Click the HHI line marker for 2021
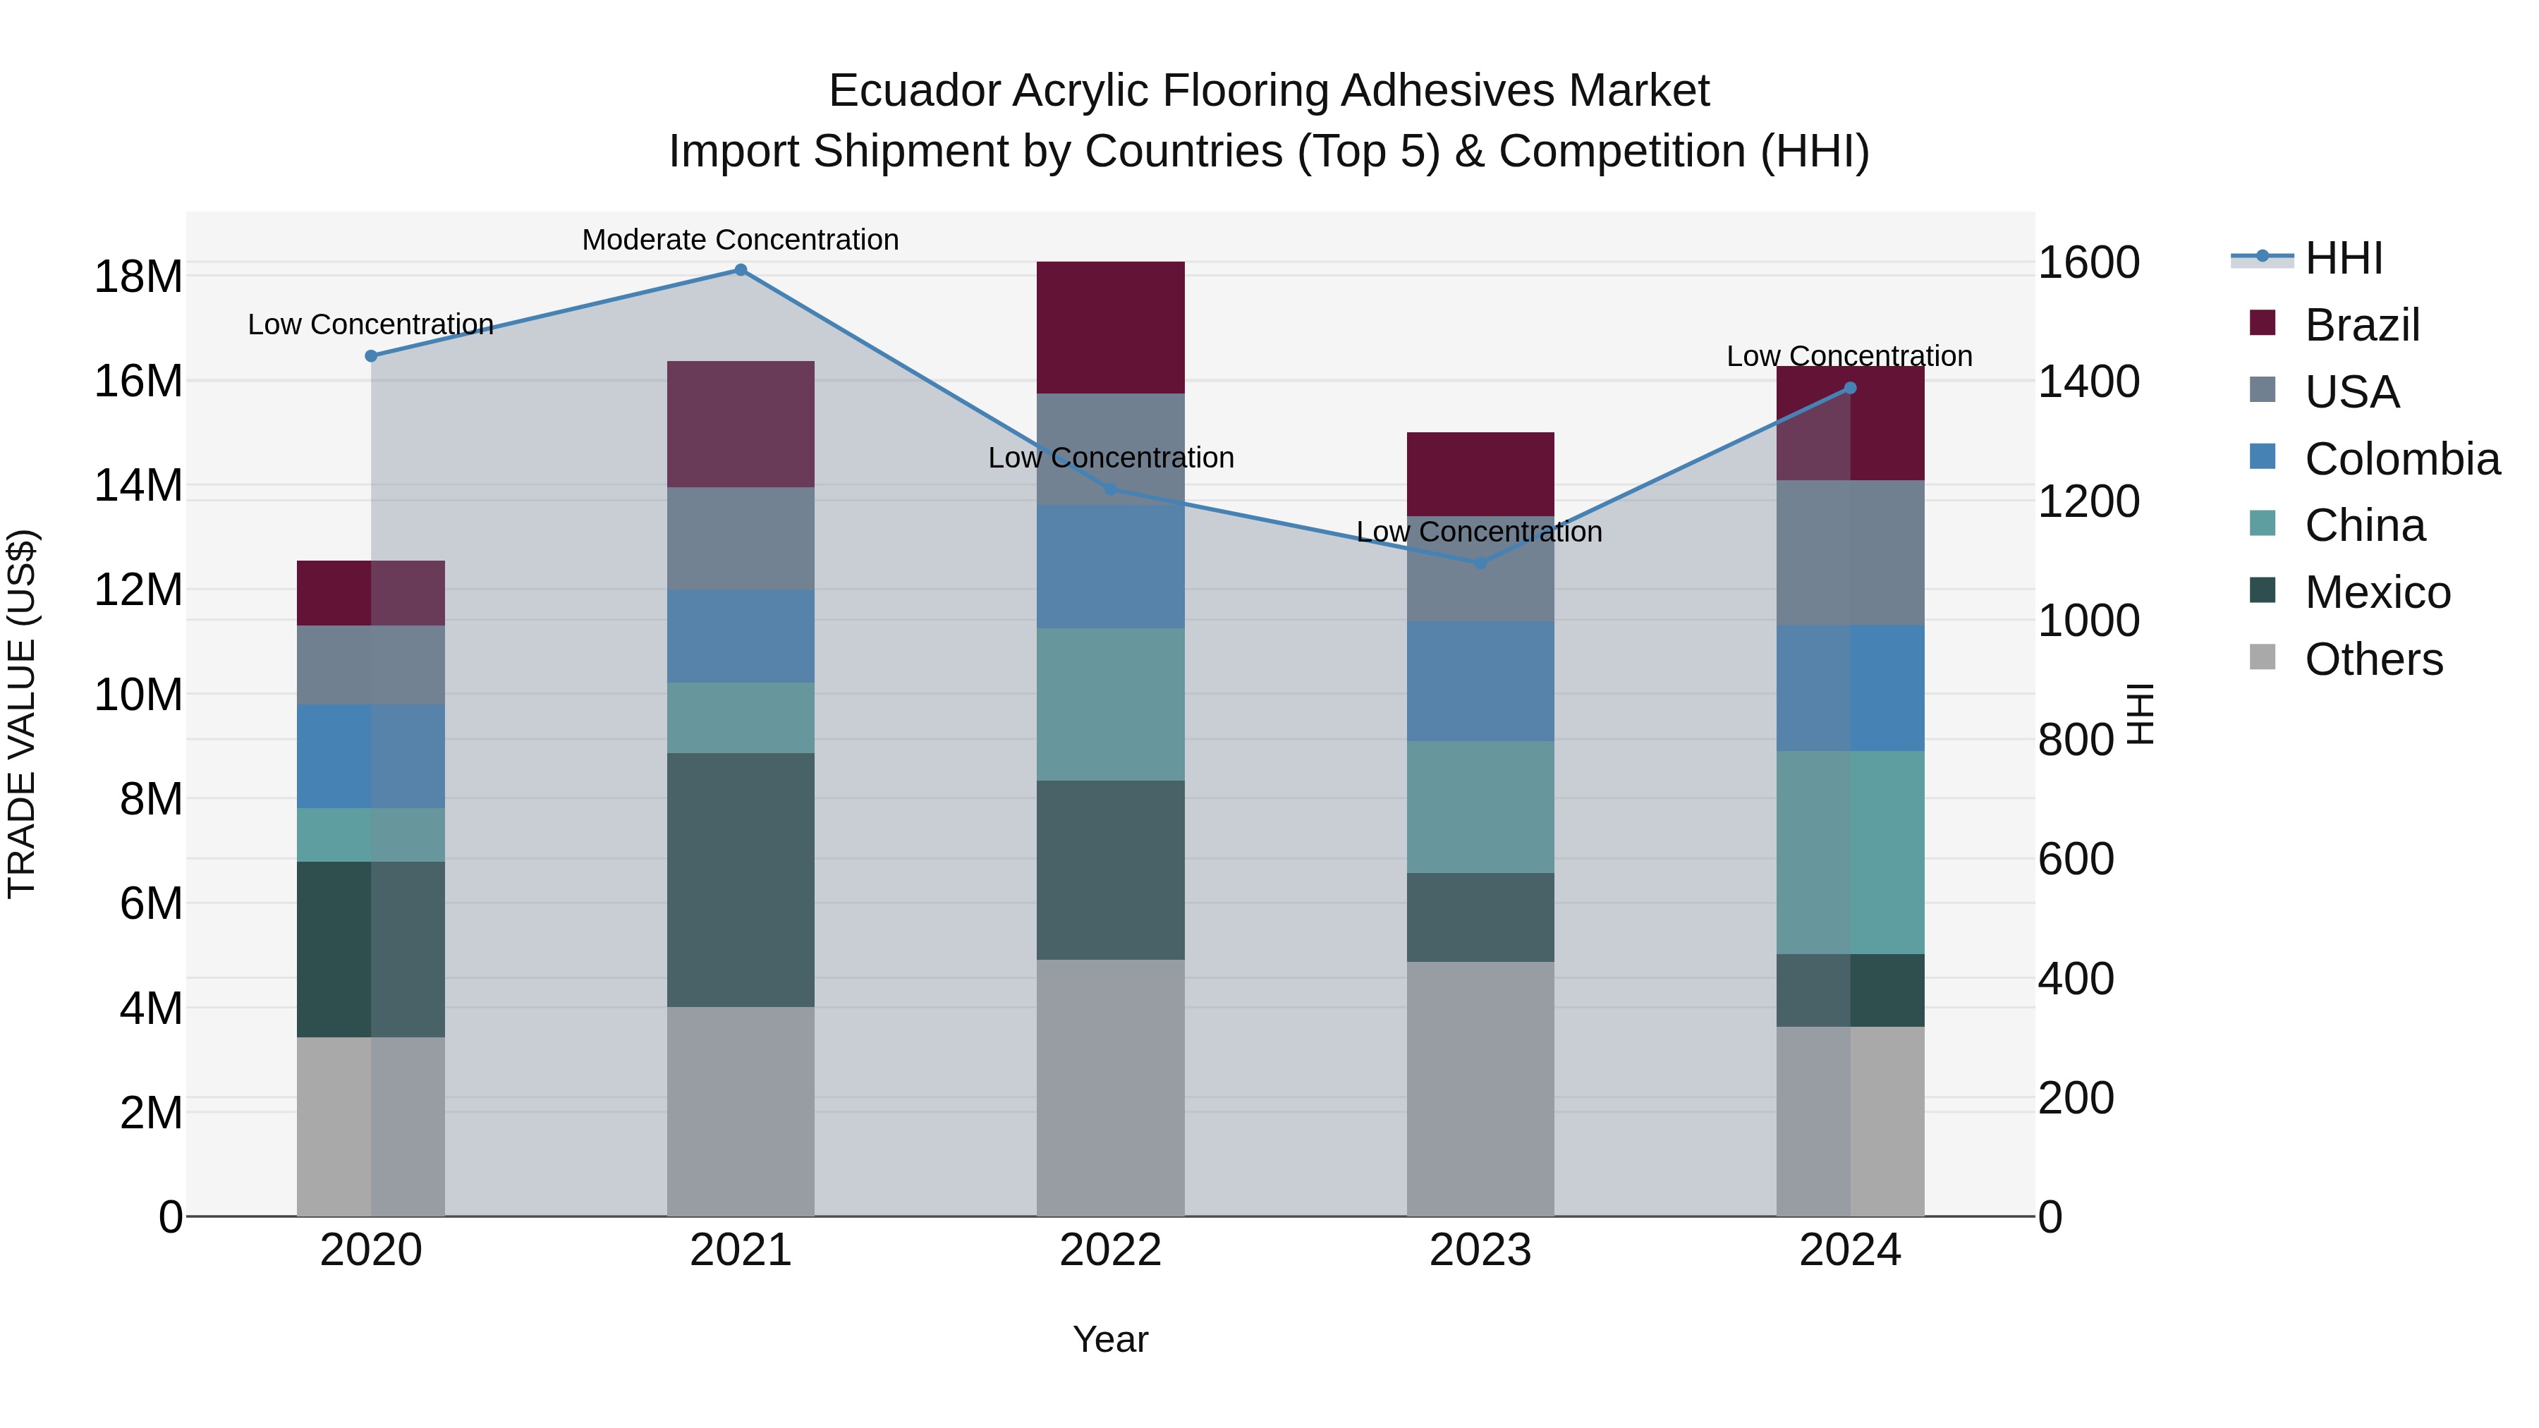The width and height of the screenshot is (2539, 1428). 741,270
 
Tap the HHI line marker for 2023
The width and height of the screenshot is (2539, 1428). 1480,563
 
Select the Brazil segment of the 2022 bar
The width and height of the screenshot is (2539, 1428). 1110,327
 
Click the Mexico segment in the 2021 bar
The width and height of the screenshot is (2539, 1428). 741,879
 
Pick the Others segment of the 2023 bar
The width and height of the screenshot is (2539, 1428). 1480,1088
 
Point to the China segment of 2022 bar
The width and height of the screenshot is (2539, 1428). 1110,704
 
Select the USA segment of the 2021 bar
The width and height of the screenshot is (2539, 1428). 741,538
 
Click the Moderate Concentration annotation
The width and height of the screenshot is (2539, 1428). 741,240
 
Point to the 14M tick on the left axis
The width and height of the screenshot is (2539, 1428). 138,486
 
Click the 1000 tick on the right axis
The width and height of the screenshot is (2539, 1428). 2088,621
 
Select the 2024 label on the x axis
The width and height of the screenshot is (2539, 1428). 1849,1250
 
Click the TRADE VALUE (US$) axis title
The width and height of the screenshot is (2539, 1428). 23,714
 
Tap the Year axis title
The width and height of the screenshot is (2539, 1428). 1110,1339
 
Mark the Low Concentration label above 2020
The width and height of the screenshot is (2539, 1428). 370,324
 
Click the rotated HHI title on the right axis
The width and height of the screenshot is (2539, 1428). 2139,714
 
